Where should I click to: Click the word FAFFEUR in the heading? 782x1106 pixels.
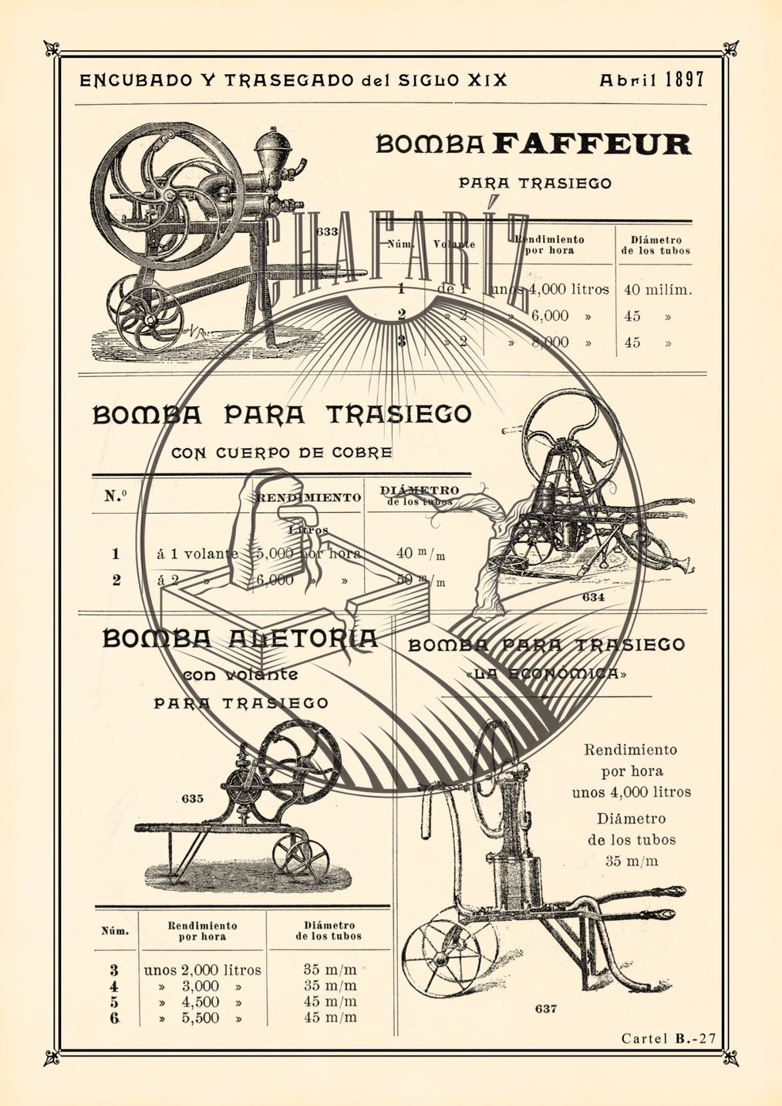592,144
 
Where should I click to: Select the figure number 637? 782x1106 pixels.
545,1008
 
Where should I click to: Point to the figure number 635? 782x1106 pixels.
193,798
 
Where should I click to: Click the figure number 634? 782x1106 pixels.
593,597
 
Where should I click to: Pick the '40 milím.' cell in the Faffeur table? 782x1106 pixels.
658,290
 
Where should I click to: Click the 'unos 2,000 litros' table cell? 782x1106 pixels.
203,970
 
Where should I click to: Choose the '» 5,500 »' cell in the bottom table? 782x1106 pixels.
201,1018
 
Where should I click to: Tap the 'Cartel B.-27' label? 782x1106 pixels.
669,1039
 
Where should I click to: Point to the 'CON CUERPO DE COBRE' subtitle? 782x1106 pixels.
281,453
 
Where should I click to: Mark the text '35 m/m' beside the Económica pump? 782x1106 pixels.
632,861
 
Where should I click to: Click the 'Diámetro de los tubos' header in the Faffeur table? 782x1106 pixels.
656,245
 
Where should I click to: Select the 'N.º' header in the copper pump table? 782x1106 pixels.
116,496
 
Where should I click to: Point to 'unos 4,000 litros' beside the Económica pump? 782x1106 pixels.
632,792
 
